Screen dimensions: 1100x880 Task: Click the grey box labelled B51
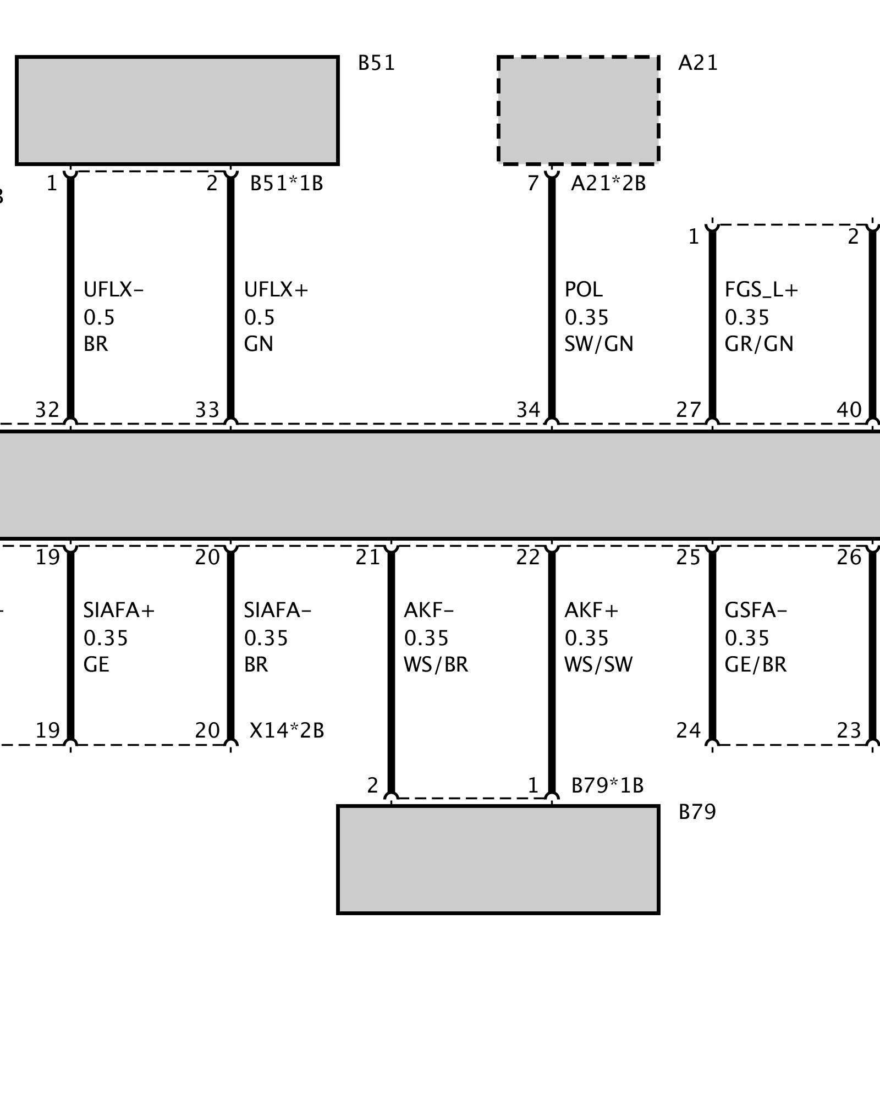pyautogui.click(x=177, y=110)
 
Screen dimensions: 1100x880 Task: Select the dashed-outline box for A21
pyautogui.click(x=578, y=110)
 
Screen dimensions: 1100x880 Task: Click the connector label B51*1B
pyautogui.click(x=287, y=183)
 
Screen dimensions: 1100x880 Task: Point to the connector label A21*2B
pyautogui.click(x=608, y=183)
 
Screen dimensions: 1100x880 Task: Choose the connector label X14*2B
pyautogui.click(x=287, y=730)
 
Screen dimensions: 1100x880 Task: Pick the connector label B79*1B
pyautogui.click(x=607, y=785)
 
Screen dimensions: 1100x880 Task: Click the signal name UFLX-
pyautogui.click(x=113, y=289)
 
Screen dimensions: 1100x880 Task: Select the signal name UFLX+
pyautogui.click(x=276, y=289)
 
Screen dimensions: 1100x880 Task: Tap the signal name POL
pyautogui.click(x=584, y=289)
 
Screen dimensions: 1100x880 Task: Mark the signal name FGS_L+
pyautogui.click(x=761, y=289)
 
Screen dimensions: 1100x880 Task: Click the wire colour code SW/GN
pyautogui.click(x=599, y=344)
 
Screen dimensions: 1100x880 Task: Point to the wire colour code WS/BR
pyautogui.click(x=436, y=665)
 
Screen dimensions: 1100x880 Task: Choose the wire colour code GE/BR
pyautogui.click(x=756, y=665)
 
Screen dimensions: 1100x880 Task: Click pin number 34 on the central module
pyautogui.click(x=528, y=410)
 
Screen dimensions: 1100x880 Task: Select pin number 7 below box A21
pyautogui.click(x=532, y=183)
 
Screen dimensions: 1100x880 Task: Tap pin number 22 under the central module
pyautogui.click(x=528, y=558)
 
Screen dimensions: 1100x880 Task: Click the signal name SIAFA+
pyautogui.click(x=119, y=610)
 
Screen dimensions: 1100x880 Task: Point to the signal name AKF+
pyautogui.click(x=591, y=610)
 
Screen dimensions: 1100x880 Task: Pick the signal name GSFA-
pyautogui.click(x=756, y=610)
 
